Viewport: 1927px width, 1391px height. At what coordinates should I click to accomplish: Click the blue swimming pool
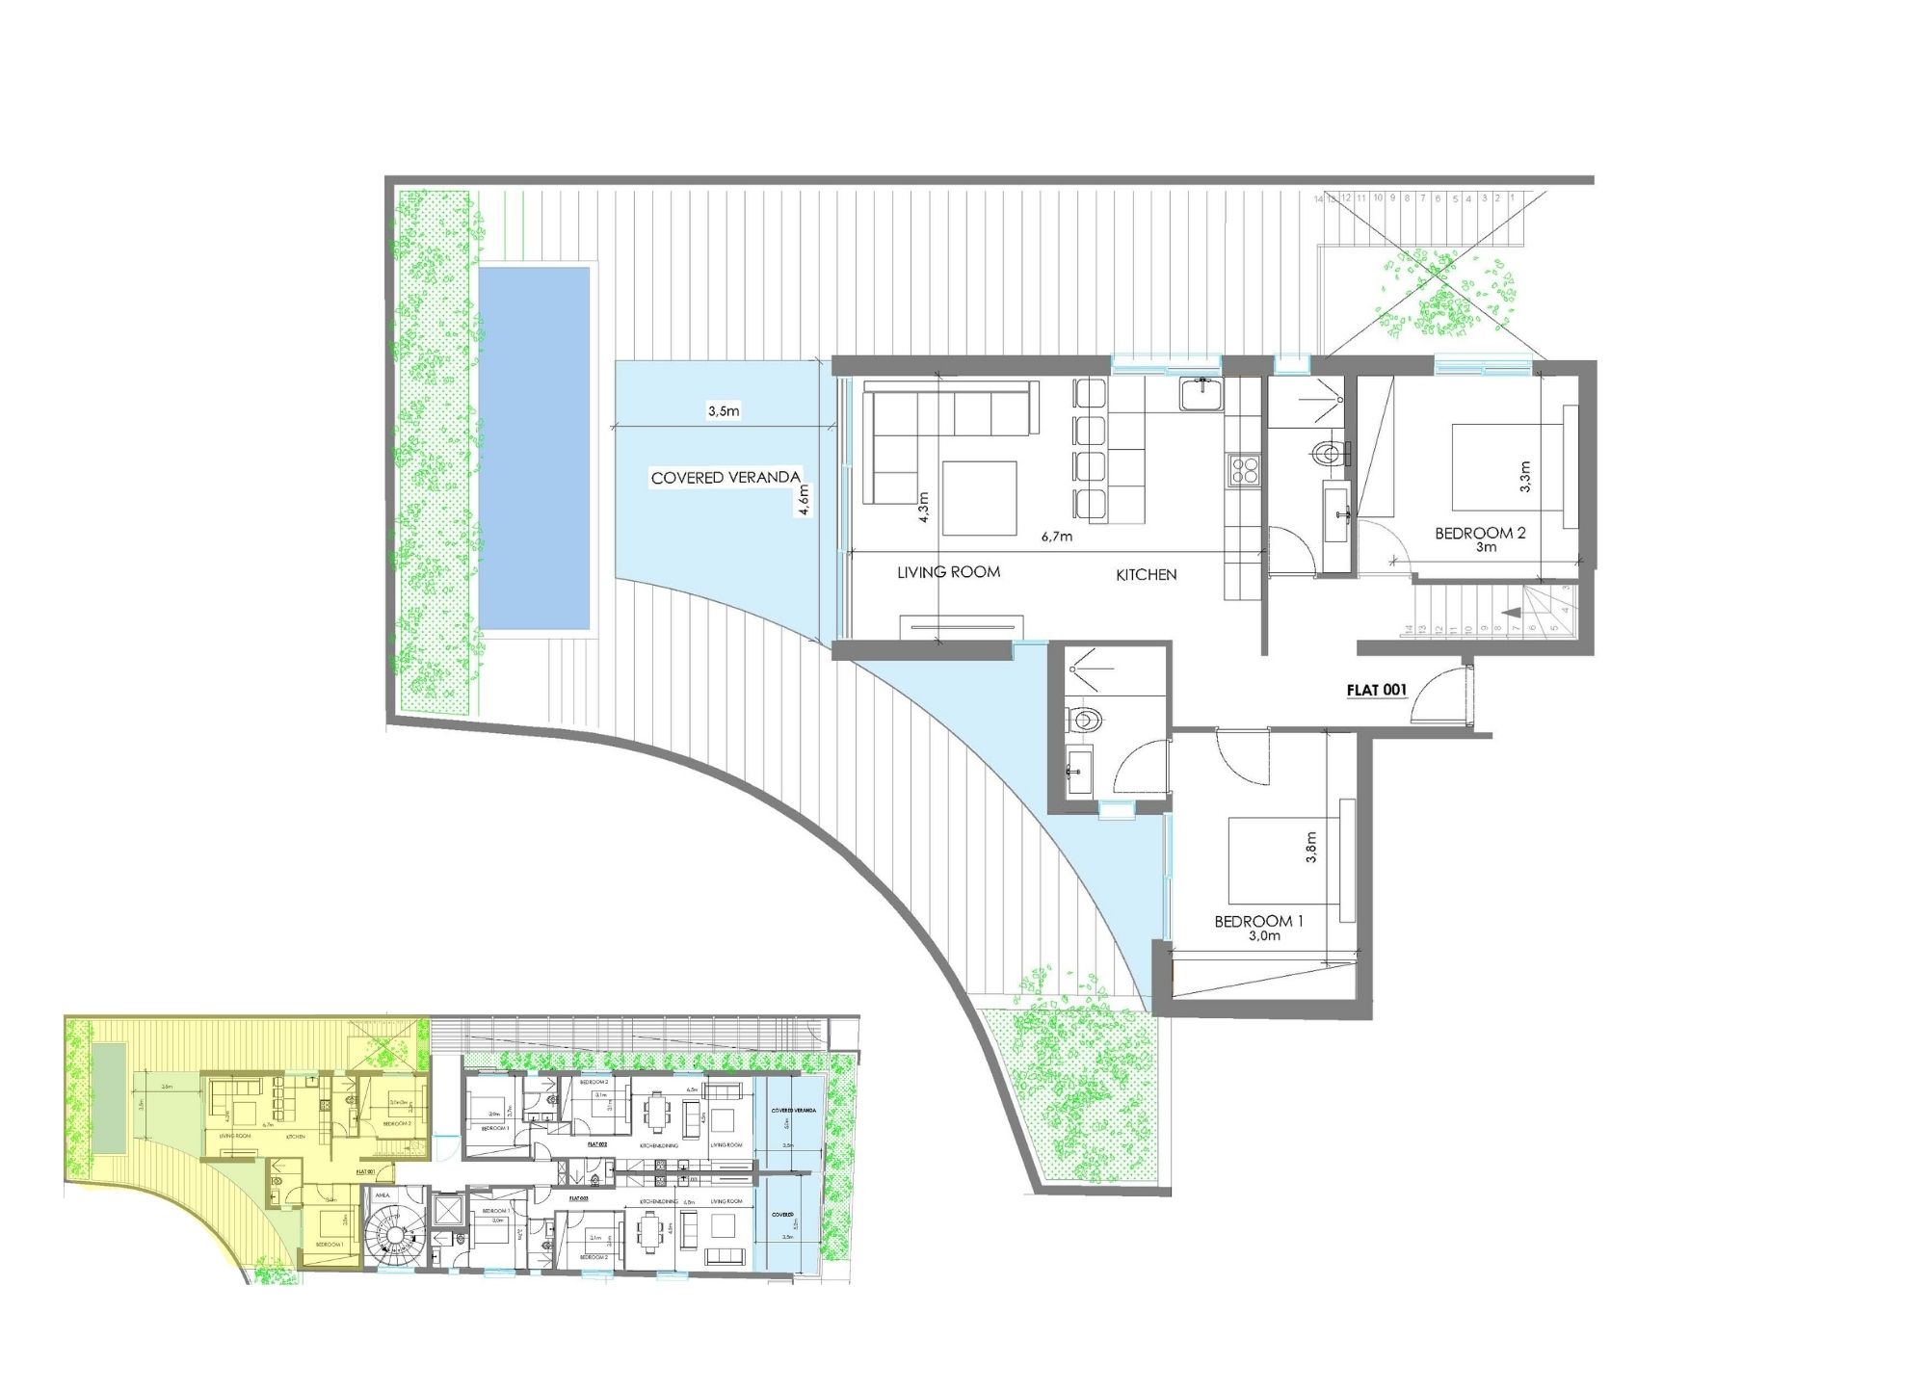tap(534, 448)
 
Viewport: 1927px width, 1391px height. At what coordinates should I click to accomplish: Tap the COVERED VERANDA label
tap(726, 477)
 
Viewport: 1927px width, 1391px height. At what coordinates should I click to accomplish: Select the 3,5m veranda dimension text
tap(724, 411)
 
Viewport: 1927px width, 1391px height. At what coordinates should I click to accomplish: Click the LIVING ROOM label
tap(948, 572)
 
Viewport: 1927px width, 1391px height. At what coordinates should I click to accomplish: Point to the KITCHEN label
tap(1146, 575)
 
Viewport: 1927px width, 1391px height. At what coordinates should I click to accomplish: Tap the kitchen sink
tap(1201, 393)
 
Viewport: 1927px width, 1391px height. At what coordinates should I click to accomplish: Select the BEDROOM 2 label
tap(1480, 533)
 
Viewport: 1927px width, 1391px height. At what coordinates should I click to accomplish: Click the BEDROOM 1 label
tap(1258, 922)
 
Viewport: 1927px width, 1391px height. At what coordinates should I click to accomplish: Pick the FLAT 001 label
tap(1376, 690)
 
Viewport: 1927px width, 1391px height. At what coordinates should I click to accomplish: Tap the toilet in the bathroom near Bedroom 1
tap(1086, 719)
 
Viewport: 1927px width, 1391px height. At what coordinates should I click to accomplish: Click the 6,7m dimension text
tap(1056, 537)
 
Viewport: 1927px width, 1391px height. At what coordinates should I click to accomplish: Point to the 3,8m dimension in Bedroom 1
tap(1310, 848)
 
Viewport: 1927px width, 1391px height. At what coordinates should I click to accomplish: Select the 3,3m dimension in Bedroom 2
tap(1524, 477)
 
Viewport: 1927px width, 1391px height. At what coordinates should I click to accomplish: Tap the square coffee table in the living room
tap(980, 498)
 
